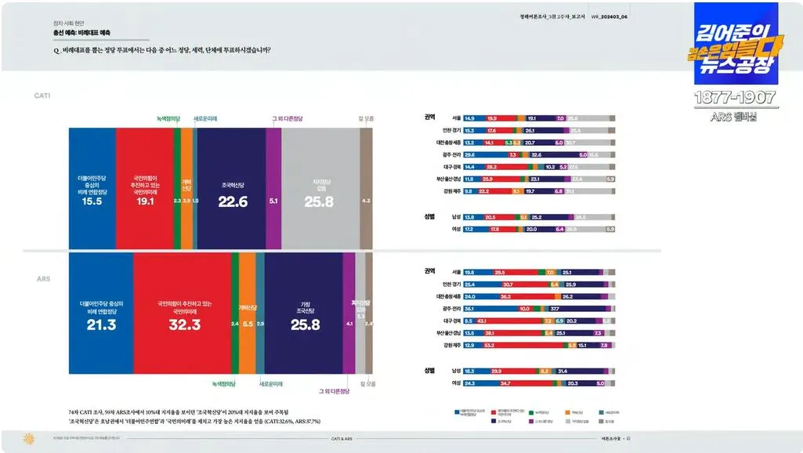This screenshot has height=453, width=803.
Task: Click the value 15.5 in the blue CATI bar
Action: pos(92,201)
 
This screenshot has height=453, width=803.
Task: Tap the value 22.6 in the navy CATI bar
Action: pos(233,201)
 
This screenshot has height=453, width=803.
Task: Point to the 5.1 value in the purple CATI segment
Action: pos(273,201)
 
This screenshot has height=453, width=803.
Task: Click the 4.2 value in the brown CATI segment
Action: pos(366,201)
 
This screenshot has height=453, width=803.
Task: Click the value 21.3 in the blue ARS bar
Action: pos(100,324)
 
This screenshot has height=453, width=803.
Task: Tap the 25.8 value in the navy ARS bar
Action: pos(305,324)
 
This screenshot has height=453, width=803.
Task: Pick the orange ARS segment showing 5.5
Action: pos(248,323)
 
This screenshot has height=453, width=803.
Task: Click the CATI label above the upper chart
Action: pos(42,96)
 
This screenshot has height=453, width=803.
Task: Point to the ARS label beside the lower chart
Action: pos(44,278)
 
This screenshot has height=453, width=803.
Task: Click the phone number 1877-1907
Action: pos(735,98)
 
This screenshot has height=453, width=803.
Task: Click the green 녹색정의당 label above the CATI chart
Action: pos(168,118)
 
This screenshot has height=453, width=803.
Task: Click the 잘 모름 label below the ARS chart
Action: pos(367,384)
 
